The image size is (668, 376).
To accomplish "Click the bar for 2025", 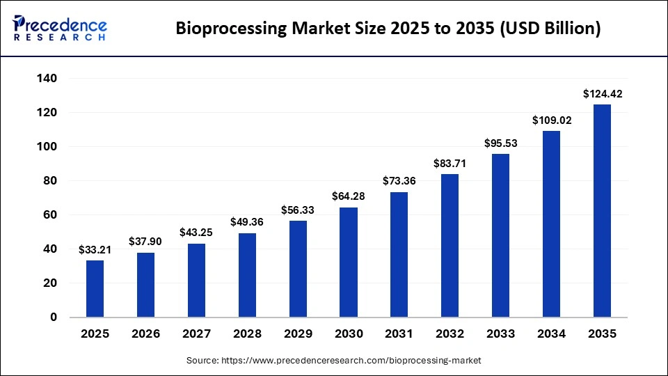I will [95, 288].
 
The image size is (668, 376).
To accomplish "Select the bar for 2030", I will [349, 262].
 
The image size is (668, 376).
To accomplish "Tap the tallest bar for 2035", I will [602, 210].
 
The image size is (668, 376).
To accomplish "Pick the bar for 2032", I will [450, 245].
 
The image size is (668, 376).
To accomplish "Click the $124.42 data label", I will [602, 94].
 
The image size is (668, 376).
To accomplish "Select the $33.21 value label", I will [95, 249].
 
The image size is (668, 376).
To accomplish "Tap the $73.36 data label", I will [399, 181].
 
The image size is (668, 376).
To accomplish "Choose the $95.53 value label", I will [500, 143].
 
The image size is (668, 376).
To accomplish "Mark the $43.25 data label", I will [196, 233].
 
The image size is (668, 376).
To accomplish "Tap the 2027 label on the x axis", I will [196, 334].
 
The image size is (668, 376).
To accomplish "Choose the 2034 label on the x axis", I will [551, 334].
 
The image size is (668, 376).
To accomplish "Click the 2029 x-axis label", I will [298, 334].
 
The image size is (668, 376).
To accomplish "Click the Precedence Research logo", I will [60, 29].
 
